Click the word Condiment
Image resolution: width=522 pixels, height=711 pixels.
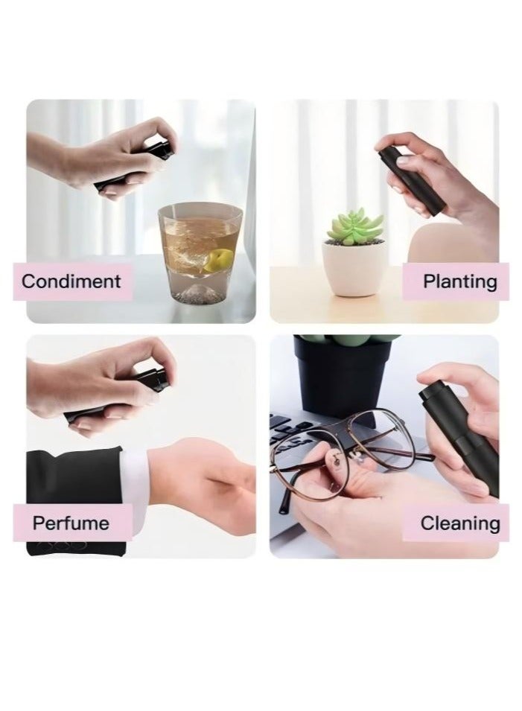pyautogui.click(x=71, y=281)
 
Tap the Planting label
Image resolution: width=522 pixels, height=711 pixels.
pyautogui.click(x=459, y=281)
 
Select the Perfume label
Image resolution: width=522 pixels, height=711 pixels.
pyautogui.click(x=71, y=523)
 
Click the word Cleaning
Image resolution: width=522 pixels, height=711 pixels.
pyautogui.click(x=459, y=523)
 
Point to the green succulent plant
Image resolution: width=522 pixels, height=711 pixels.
pyautogui.click(x=355, y=226)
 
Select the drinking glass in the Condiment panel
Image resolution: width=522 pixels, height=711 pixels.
pyautogui.click(x=199, y=253)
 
